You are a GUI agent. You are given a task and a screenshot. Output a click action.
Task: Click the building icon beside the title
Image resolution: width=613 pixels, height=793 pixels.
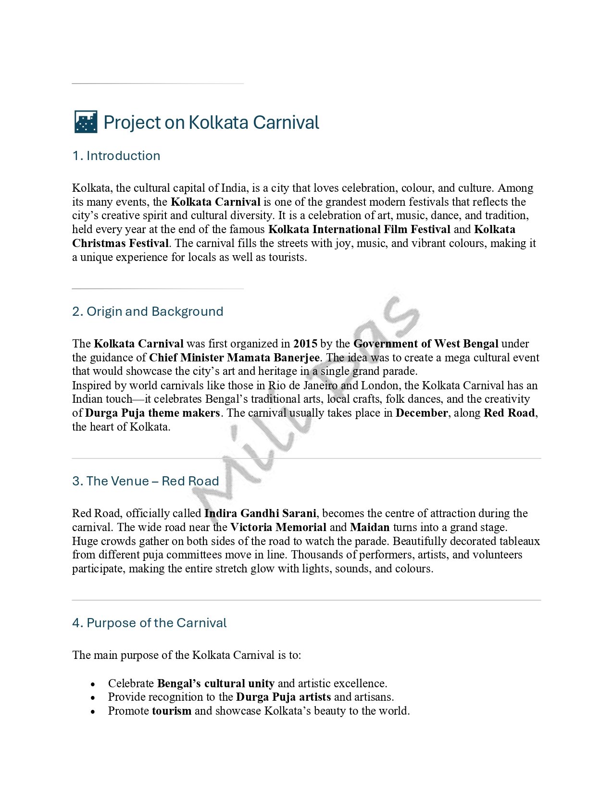pos(86,122)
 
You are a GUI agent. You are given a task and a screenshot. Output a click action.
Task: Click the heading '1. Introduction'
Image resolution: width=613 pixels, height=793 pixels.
pos(116,156)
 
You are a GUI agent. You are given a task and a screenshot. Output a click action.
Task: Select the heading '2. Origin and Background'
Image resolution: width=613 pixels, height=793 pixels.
pos(148,311)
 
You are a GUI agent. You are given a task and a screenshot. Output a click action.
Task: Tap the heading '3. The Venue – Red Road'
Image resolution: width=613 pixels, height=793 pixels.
pos(145,481)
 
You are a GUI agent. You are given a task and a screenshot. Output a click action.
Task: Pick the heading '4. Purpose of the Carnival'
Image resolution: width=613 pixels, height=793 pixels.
pos(149,623)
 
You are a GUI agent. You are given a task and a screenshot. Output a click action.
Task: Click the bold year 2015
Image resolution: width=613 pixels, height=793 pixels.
pos(305,344)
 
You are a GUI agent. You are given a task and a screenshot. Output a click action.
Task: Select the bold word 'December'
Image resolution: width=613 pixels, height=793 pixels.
pos(421,413)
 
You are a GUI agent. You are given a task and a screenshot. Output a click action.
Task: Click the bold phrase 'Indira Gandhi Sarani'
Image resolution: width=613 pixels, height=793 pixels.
pos(260,513)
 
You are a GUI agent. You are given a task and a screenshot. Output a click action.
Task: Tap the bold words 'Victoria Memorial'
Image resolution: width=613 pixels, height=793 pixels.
pos(278,527)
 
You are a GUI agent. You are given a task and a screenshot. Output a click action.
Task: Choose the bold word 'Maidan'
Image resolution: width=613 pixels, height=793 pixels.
pos(370,527)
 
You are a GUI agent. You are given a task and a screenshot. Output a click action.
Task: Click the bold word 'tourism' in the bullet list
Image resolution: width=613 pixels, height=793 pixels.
pos(172,711)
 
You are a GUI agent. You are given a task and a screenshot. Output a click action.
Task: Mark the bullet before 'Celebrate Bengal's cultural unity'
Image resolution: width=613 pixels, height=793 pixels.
pos(93,684)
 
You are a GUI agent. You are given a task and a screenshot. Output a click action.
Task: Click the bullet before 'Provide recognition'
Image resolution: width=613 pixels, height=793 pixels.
pos(93,697)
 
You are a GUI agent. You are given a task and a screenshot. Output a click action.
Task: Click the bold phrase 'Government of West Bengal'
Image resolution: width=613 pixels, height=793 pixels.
pos(425,344)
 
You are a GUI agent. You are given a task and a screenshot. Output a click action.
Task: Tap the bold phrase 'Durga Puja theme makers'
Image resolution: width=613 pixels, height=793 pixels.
pos(152,413)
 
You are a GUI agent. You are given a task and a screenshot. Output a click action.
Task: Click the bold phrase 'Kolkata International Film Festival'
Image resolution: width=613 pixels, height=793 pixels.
pos(359,229)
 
